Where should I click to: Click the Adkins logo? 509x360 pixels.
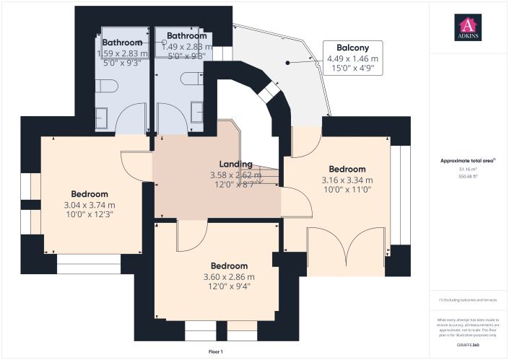point(469,27)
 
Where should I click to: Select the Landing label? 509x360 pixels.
point(236,164)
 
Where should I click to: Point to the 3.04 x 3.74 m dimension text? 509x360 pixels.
point(90,205)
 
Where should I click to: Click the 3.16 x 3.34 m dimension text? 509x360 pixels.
point(347,180)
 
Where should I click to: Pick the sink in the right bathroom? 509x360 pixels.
point(196,110)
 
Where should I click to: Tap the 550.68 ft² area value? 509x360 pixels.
point(469,175)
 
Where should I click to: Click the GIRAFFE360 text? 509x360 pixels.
point(468,346)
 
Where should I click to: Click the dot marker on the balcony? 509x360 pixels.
point(288,63)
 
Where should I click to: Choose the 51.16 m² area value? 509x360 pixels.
point(469,169)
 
